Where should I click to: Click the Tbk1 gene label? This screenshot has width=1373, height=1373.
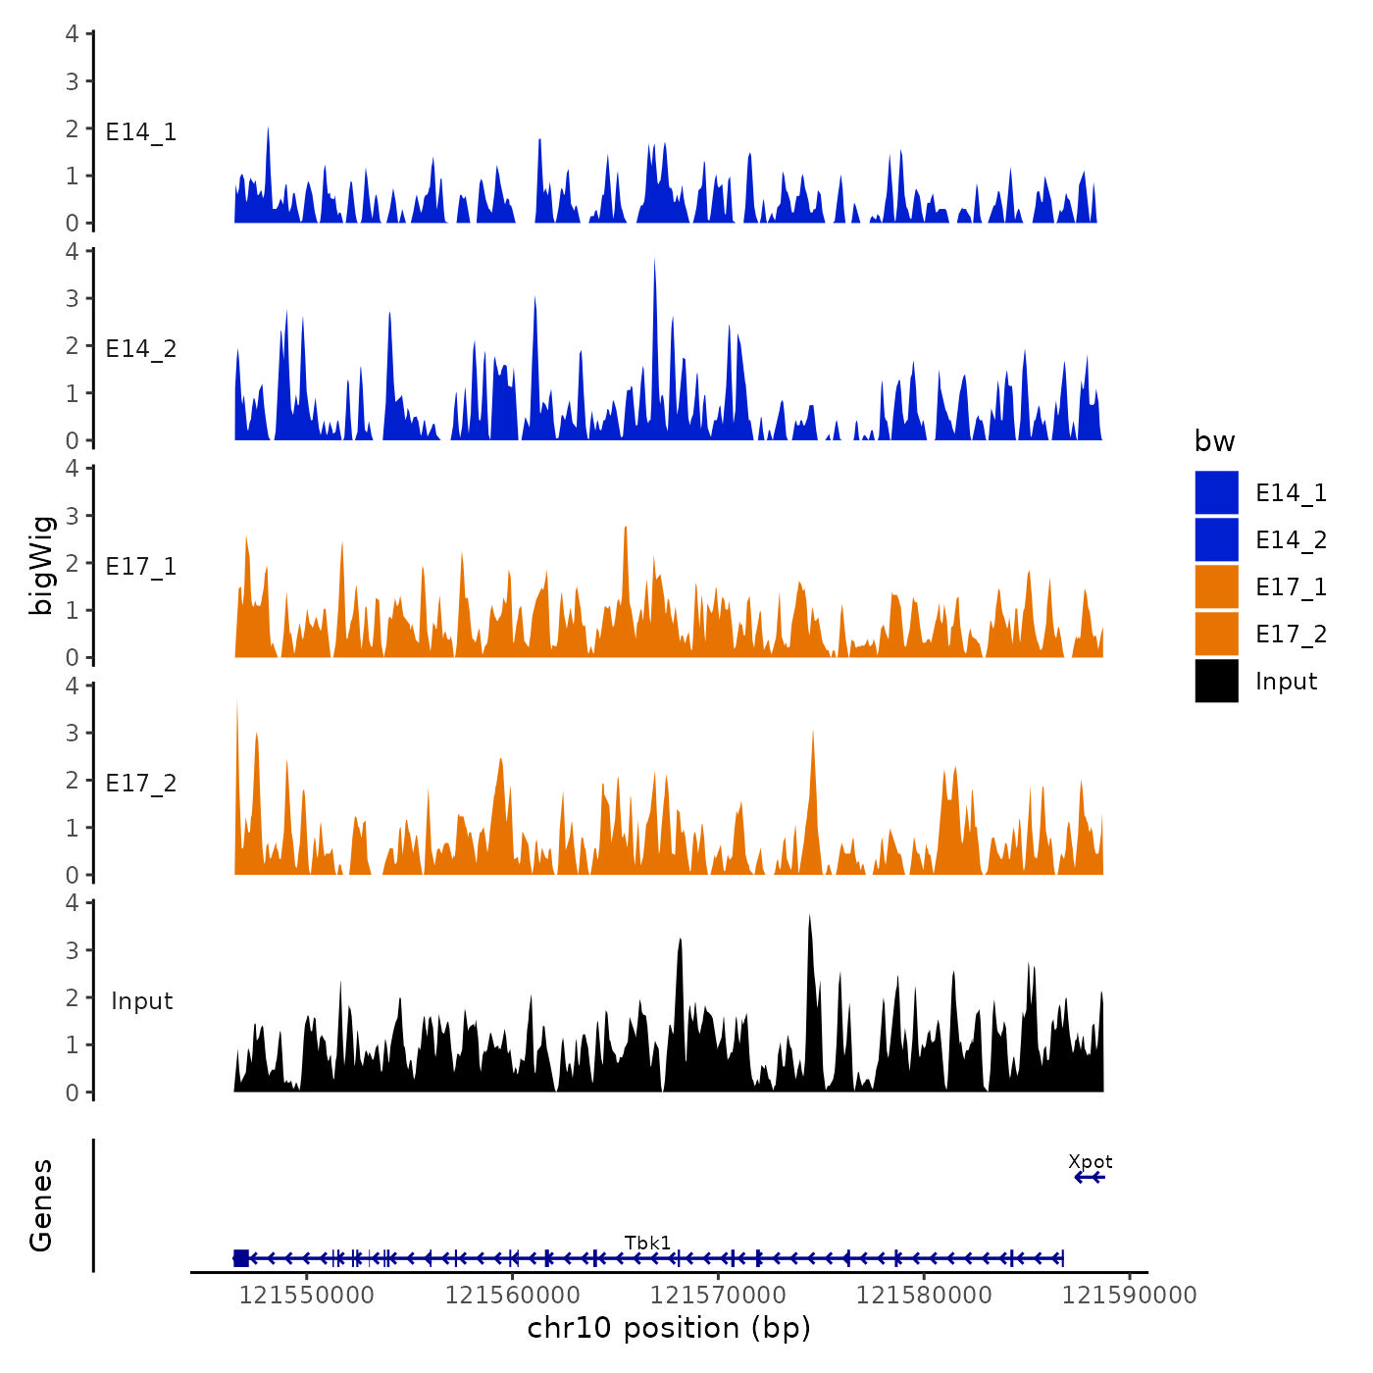(647, 1244)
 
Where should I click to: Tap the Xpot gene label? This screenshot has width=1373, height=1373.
(1090, 1162)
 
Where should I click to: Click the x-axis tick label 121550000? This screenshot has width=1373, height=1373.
(307, 1296)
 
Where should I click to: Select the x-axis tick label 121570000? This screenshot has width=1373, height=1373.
(718, 1296)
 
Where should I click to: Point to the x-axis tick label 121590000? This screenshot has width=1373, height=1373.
(1129, 1296)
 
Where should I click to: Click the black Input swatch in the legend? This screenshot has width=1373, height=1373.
(1216, 682)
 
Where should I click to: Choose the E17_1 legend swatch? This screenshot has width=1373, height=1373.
(1216, 587)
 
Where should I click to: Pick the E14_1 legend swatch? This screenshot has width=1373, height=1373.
(1216, 493)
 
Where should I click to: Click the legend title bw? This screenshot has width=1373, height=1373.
(1214, 442)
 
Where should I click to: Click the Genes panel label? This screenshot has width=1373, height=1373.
(42, 1205)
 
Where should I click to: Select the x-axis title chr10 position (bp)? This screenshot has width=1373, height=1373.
(669, 1328)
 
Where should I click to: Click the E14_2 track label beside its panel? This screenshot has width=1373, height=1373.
(141, 349)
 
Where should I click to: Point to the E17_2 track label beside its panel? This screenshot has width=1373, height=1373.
(141, 784)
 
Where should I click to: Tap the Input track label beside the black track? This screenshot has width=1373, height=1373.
(141, 1001)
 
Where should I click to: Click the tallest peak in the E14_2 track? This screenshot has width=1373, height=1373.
(654, 262)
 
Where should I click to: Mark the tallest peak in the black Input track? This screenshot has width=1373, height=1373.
(809, 918)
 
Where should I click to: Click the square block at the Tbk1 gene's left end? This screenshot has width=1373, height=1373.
(241, 1258)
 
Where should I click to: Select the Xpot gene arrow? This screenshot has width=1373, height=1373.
(1090, 1177)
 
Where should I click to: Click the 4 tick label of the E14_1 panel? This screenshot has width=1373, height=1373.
(73, 34)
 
